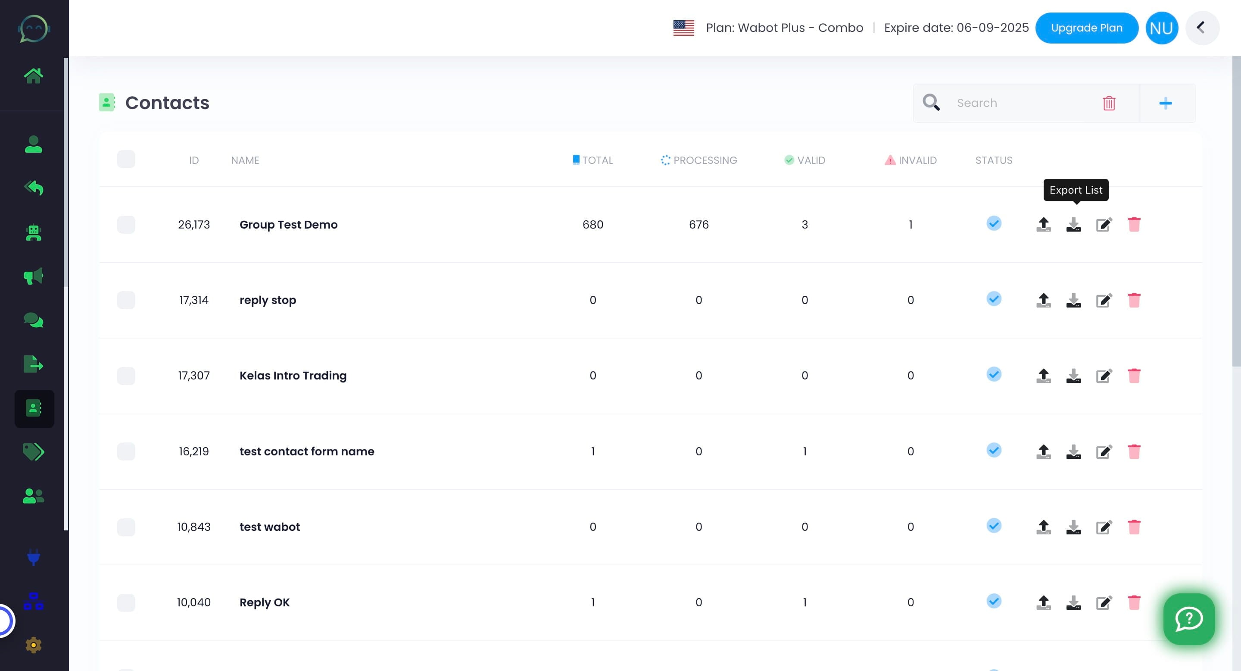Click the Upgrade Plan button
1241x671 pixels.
(x=1086, y=28)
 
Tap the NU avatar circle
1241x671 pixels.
(x=1162, y=28)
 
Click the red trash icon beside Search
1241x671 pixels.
(x=1109, y=103)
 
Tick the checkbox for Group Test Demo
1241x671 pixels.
(x=126, y=225)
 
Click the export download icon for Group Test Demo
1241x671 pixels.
(x=1073, y=224)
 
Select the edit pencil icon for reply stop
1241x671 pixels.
(x=1104, y=300)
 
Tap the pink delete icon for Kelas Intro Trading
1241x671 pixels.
(x=1134, y=376)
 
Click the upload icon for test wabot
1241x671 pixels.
(x=1044, y=527)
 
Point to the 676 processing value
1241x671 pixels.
(x=698, y=225)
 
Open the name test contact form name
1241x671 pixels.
(x=307, y=451)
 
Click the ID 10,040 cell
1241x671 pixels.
(x=193, y=602)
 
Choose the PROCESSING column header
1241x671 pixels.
(x=699, y=160)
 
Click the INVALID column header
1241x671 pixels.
(x=910, y=160)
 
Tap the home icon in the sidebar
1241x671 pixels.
(x=33, y=75)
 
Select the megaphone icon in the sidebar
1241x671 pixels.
(x=33, y=276)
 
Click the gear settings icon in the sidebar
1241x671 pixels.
(x=33, y=645)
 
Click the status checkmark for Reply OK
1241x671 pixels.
(x=994, y=601)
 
